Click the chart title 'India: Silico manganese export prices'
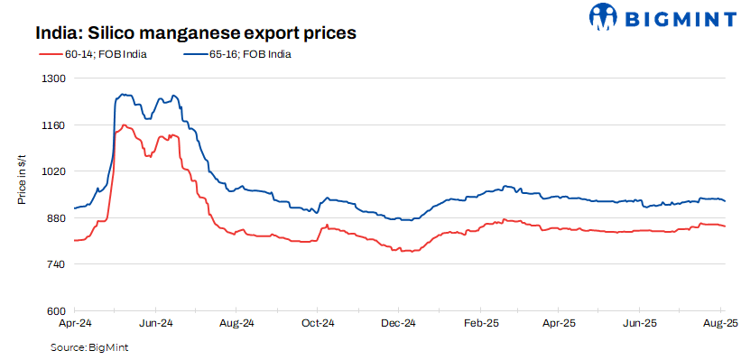pyautogui.click(x=197, y=32)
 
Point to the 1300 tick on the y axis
pyautogui.click(x=55, y=78)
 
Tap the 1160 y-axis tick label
pyautogui.click(x=55, y=125)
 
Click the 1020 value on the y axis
pyautogui.click(x=55, y=171)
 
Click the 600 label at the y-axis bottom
pyautogui.click(x=57, y=311)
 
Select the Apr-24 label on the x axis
pyautogui.click(x=74, y=322)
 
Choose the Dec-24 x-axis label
pyautogui.click(x=398, y=322)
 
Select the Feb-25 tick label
pyautogui.click(x=481, y=322)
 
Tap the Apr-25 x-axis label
pyautogui.click(x=560, y=322)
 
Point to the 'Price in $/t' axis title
pyautogui.click(x=22, y=179)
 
